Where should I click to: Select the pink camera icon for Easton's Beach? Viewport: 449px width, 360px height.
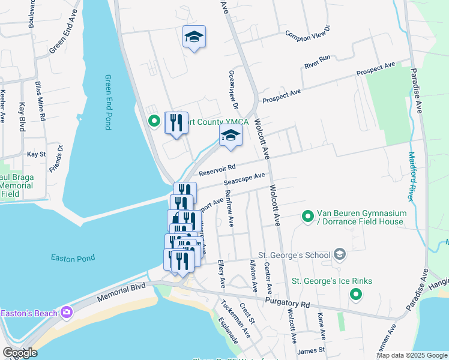click(x=66, y=312)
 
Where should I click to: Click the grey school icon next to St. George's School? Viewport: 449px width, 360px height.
click(x=340, y=255)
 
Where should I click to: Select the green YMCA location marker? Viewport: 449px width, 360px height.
click(x=154, y=122)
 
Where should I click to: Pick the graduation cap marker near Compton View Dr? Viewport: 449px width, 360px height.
click(x=194, y=37)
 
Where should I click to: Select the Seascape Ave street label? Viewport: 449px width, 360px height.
click(x=244, y=178)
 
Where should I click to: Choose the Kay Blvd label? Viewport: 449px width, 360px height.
click(x=22, y=116)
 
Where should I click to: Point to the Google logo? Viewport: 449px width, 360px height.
click(x=20, y=353)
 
